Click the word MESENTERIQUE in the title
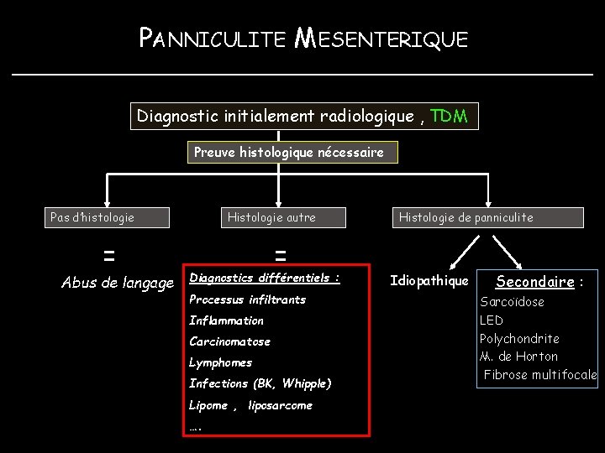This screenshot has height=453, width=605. point(383,39)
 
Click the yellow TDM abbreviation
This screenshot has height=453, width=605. point(449,116)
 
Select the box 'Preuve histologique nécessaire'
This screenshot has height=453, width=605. point(289,153)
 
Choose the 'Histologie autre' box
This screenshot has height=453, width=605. point(271,217)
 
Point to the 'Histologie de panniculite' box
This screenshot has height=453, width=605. point(466,217)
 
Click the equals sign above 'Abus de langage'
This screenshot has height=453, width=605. point(109,253)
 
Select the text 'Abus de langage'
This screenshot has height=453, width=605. point(118,283)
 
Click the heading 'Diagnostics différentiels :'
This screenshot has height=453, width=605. point(265,278)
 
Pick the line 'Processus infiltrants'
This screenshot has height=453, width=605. point(247,299)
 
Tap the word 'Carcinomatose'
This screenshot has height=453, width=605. point(229,341)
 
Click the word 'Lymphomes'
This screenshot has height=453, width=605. point(220,362)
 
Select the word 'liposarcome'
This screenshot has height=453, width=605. point(280,405)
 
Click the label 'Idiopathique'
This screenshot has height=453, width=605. point(429,281)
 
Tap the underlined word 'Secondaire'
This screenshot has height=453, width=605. point(534,282)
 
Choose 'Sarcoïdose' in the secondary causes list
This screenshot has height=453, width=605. point(512,302)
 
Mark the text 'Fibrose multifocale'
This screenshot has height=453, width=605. point(540,374)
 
